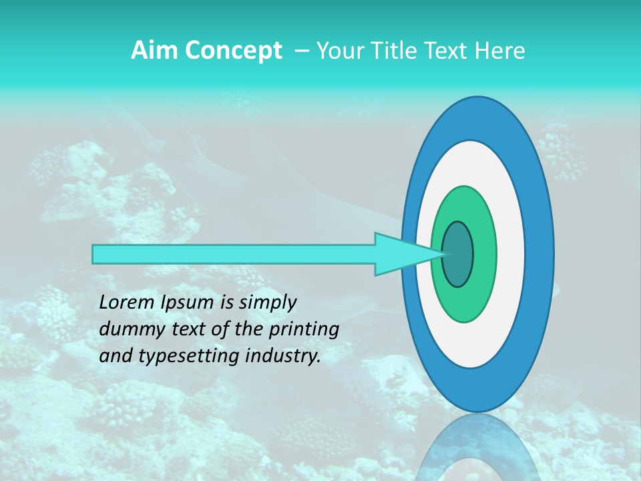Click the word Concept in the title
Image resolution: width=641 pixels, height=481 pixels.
pos(232,51)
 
